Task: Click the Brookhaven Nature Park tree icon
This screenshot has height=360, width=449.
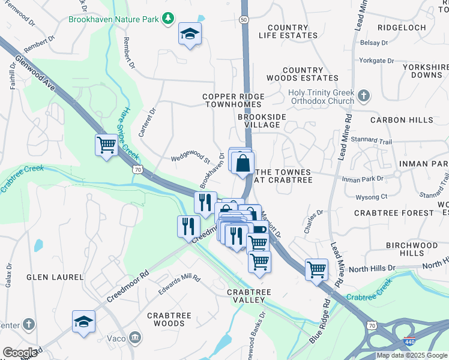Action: point(169,19)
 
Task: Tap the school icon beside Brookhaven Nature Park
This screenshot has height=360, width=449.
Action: point(190,34)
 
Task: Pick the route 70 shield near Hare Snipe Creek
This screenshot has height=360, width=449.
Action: point(138,170)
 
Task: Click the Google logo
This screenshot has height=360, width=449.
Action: point(20,353)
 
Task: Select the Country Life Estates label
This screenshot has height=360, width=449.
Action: point(288,32)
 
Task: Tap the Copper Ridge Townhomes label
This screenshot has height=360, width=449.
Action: point(234,100)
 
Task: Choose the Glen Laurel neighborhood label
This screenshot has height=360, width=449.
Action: point(50,277)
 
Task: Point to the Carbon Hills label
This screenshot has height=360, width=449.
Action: point(402,120)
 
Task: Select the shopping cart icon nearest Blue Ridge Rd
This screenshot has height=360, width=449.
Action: point(316,269)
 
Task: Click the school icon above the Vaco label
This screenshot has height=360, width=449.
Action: point(83,321)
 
